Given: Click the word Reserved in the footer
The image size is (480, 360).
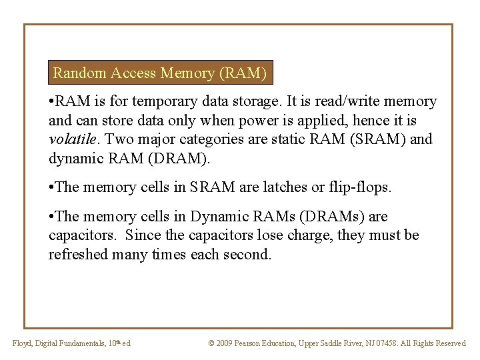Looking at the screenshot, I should tap(449, 343).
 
